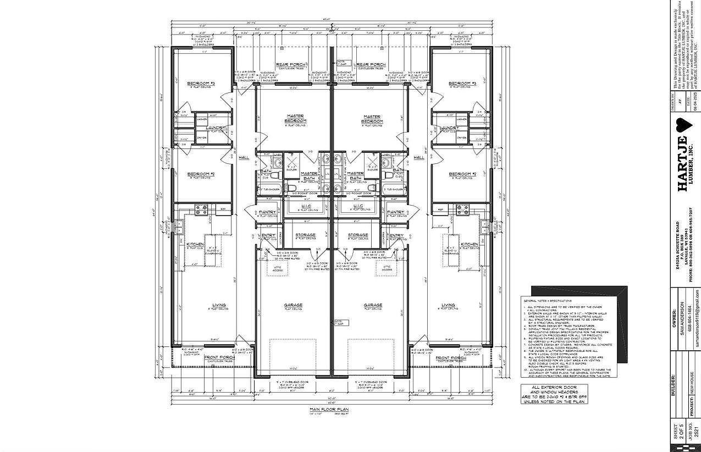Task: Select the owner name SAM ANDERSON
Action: pos(682,315)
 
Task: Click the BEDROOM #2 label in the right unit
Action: pos(462,174)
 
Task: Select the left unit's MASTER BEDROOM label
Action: pos(296,118)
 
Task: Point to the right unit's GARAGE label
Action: pos(373,305)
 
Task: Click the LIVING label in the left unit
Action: pos(219,305)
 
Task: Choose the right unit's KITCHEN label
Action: pos(469,244)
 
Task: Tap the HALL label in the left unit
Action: pos(244,157)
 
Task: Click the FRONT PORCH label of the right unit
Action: pos(450,358)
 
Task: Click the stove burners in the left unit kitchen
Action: pos(201,209)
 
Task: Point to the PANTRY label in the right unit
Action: pos(395,212)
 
